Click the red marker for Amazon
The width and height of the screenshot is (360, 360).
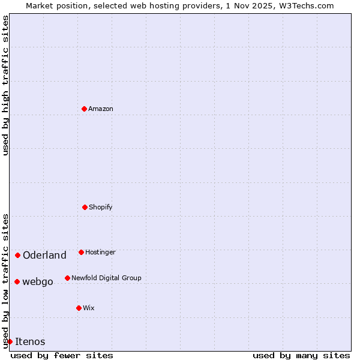[84, 109]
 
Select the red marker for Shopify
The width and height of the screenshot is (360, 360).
[85, 207]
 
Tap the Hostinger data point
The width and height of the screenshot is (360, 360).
[81, 252]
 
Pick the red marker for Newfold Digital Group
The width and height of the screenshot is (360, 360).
[67, 278]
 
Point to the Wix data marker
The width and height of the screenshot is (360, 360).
[79, 308]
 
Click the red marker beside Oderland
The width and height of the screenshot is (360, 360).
[17, 255]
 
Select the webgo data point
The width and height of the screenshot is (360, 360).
[17, 281]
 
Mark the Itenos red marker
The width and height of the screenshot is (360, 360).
[10, 341]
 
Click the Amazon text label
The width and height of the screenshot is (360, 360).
[101, 109]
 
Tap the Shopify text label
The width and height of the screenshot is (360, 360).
[101, 207]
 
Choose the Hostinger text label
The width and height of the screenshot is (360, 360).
[100, 252]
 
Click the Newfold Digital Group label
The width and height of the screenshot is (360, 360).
[106, 278]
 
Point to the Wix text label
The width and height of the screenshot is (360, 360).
[89, 308]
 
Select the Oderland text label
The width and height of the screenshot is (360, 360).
[44, 255]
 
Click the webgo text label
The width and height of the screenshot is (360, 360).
[38, 281]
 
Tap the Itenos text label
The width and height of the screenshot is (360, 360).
[30, 341]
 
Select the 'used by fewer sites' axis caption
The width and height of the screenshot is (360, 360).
[62, 355]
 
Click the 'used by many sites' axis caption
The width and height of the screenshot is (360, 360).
[301, 355]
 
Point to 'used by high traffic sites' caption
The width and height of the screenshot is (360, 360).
[5, 86]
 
